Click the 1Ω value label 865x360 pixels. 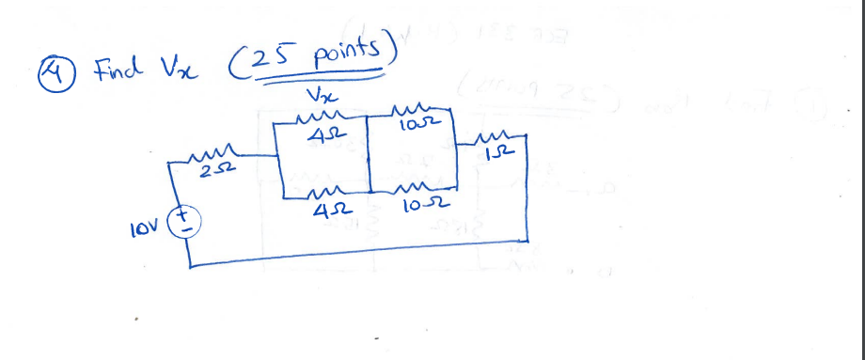click(x=495, y=153)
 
